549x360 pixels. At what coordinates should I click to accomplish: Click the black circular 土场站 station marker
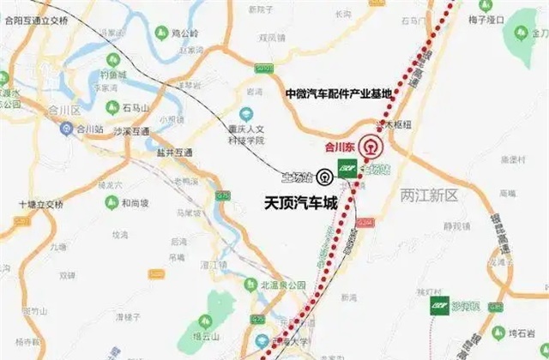coord(324,177)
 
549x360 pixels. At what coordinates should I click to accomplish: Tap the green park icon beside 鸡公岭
coord(160,33)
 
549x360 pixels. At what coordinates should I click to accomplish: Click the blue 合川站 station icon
coord(66,129)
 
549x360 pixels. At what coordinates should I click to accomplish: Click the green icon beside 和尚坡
coord(111,202)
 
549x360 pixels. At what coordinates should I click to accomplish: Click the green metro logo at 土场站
coord(348,167)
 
